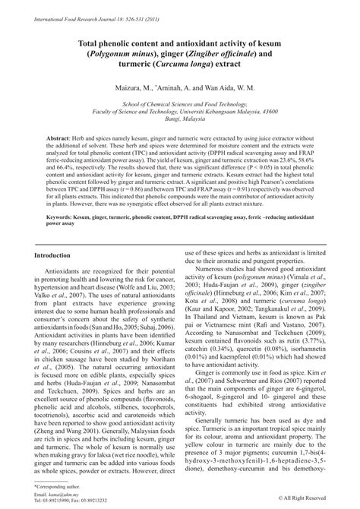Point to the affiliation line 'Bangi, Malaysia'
pyautogui.click(x=180, y=130)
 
